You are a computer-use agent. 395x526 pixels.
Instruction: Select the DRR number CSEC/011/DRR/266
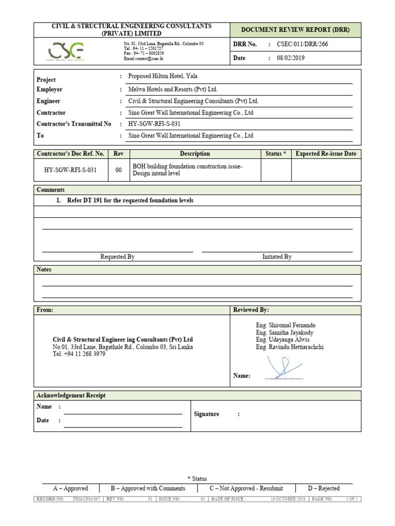tap(302, 44)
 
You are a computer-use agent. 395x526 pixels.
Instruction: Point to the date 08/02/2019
tap(291, 58)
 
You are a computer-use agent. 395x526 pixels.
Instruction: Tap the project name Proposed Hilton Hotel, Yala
tap(163, 76)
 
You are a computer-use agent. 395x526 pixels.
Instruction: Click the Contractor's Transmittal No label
tap(74, 124)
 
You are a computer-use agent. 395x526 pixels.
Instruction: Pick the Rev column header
tap(119, 154)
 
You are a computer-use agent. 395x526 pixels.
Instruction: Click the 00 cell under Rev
tap(119, 170)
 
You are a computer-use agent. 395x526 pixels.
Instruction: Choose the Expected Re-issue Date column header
tap(326, 154)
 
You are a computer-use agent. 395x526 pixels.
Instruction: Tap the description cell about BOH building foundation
tap(187, 170)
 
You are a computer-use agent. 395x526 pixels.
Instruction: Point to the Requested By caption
tap(117, 257)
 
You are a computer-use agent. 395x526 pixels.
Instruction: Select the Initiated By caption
tap(277, 257)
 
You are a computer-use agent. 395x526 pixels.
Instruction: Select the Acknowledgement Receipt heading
tap(71, 396)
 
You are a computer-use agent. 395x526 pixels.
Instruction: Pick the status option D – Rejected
tap(324, 489)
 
